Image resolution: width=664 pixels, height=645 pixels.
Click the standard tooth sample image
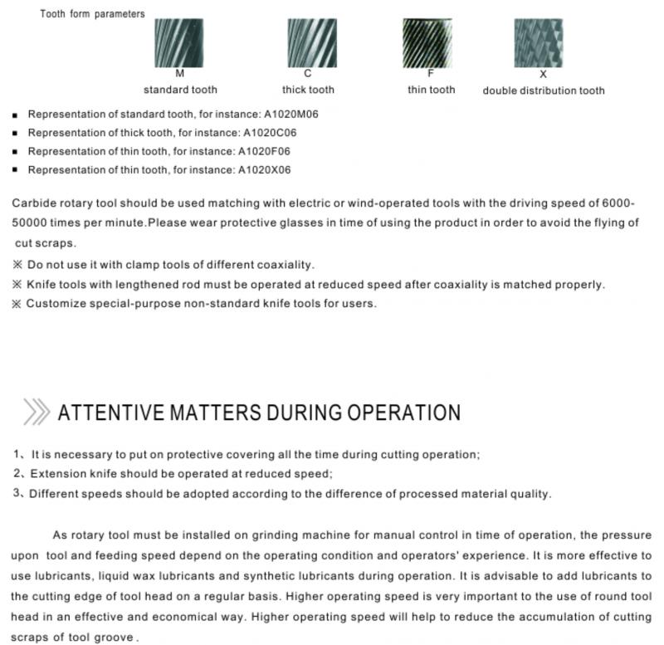(179, 43)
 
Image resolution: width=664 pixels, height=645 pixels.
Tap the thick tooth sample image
(308, 43)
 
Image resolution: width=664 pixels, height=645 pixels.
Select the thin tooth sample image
(431, 43)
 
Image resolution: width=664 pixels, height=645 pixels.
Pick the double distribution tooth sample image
(543, 43)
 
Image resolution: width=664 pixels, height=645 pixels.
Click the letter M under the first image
(180, 74)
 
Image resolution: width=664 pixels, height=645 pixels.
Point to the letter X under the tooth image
(544, 74)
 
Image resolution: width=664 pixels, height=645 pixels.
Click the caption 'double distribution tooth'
(544, 90)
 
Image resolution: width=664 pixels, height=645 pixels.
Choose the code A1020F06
(264, 151)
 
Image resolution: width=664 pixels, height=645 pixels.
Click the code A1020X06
(264, 169)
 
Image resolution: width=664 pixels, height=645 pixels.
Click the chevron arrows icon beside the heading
(36, 411)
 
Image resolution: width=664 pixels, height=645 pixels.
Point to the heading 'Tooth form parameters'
(92, 13)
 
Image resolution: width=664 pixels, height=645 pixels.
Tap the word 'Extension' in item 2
(58, 474)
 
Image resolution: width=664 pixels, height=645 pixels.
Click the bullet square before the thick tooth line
(16, 134)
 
